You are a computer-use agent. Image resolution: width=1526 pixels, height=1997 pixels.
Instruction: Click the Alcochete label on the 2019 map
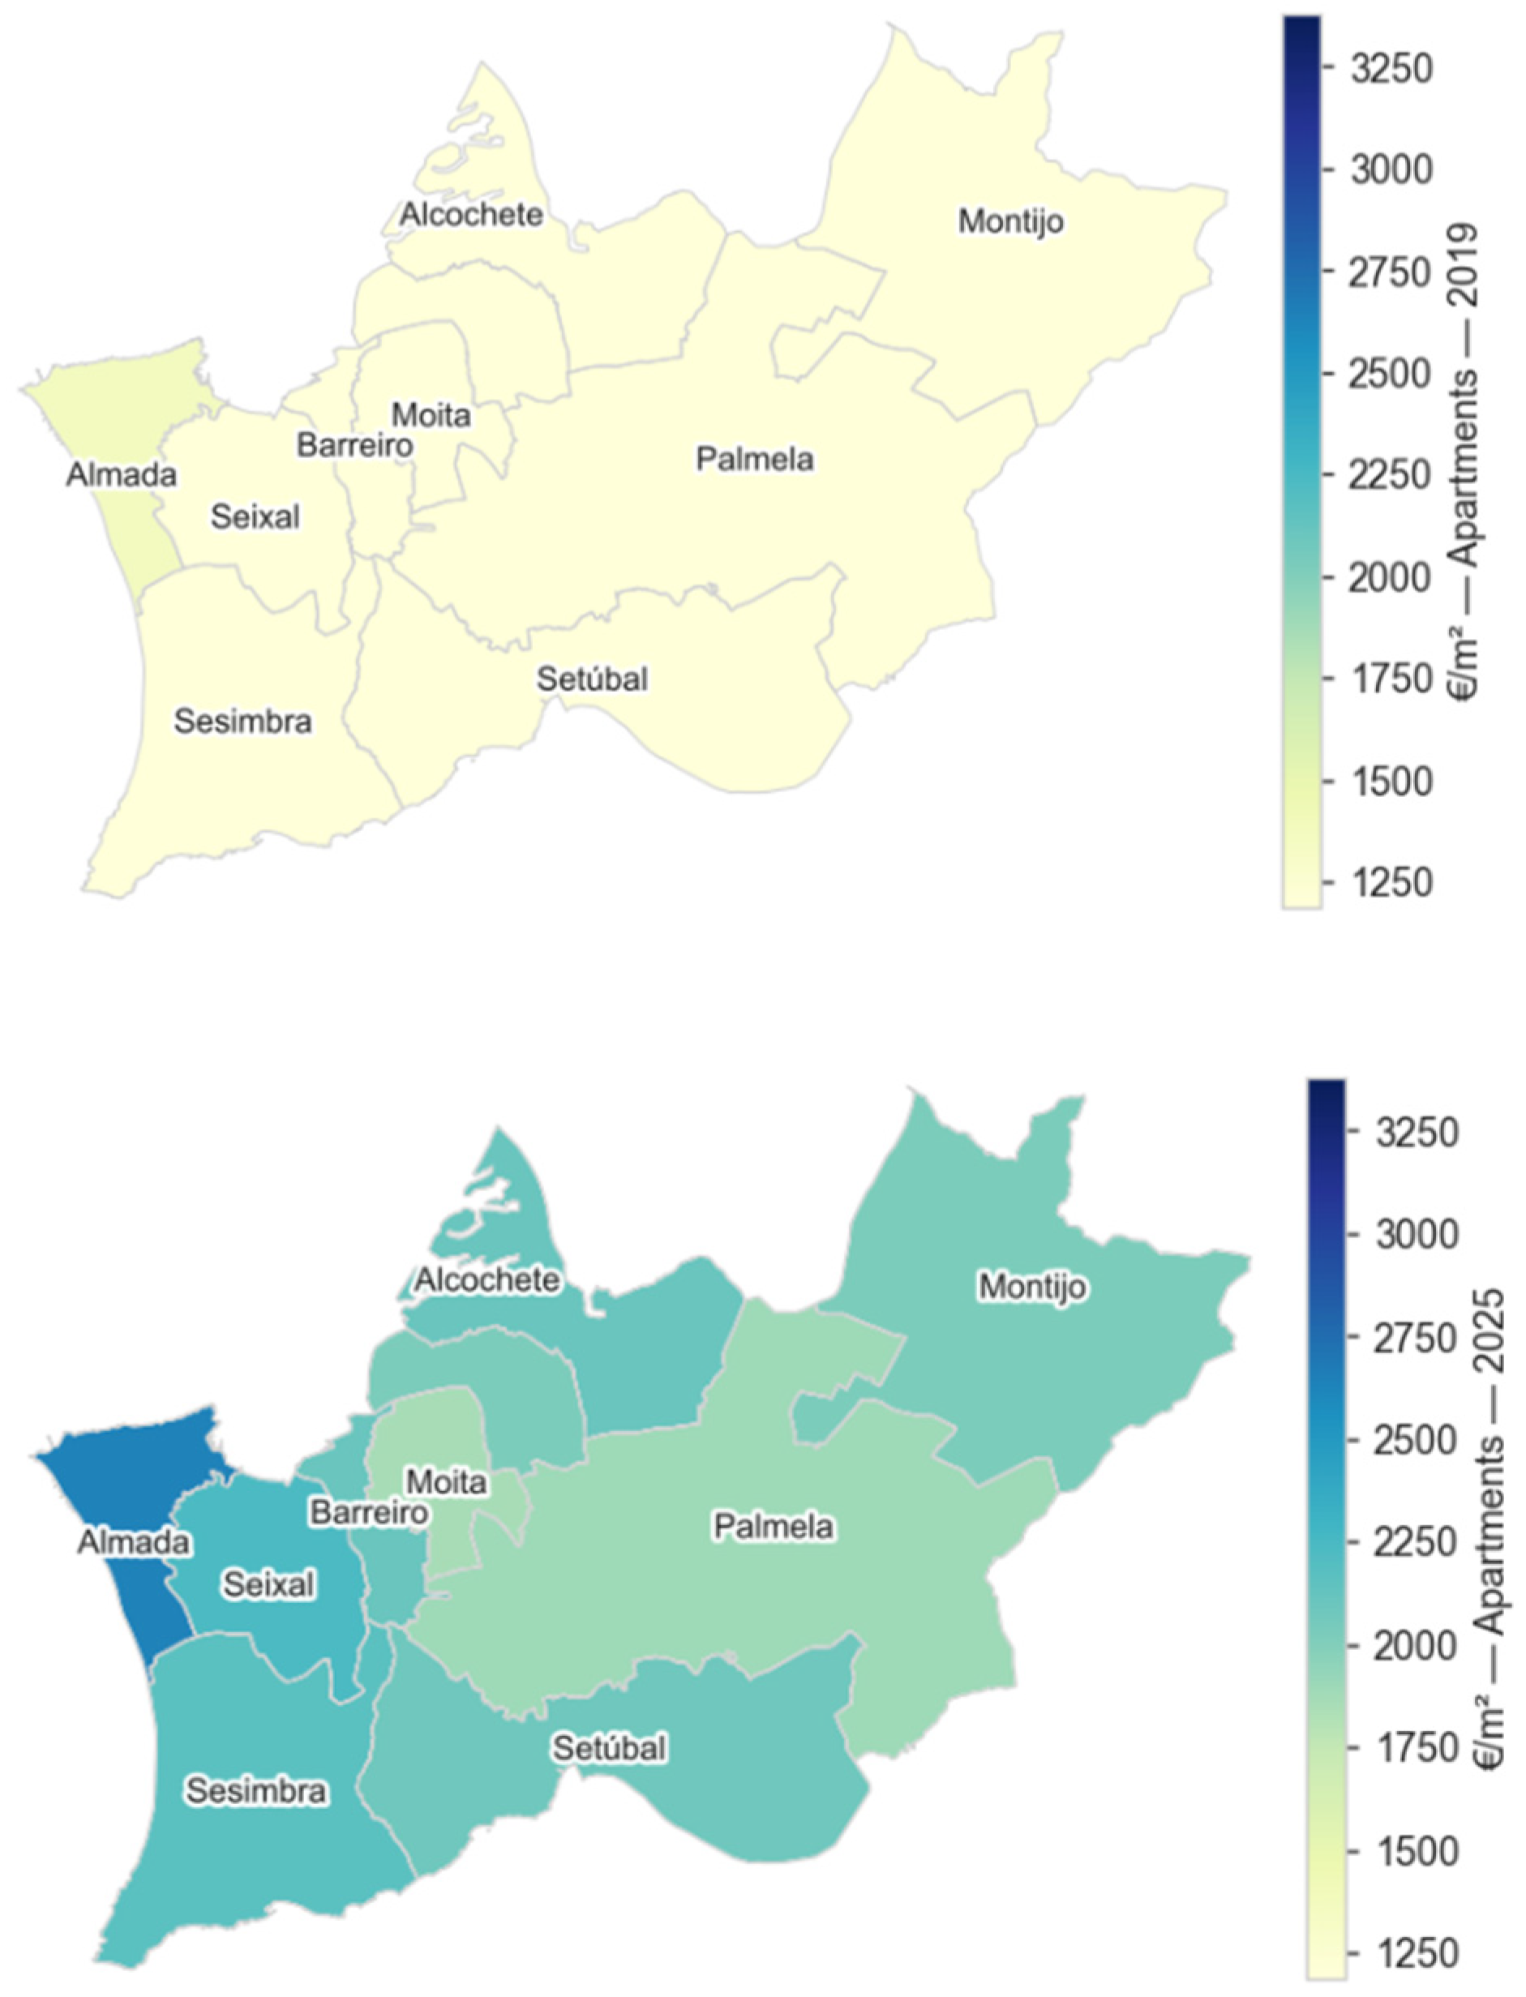tap(471, 215)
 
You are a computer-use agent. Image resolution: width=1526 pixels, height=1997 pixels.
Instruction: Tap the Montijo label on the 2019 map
tap(1011, 221)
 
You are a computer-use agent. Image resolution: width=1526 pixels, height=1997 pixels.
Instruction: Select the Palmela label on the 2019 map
tap(755, 460)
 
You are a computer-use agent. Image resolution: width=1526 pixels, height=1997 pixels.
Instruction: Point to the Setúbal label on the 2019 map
tap(592, 679)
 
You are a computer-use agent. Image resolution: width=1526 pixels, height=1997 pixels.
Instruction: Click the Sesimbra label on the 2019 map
tap(242, 722)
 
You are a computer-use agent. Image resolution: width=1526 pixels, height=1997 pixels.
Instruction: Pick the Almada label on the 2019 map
tap(121, 475)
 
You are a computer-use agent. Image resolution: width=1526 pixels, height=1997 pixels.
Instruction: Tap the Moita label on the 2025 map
tap(446, 1482)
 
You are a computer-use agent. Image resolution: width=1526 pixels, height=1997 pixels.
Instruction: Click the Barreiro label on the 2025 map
tap(369, 1513)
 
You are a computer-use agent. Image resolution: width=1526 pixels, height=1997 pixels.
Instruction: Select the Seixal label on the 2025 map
tap(269, 1584)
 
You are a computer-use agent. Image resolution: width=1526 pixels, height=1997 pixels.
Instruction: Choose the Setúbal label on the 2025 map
tap(610, 1748)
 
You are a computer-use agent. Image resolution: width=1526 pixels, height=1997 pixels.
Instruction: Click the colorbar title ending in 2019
tap(1468, 464)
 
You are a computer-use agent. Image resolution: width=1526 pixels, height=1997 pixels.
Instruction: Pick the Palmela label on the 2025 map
tap(773, 1528)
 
